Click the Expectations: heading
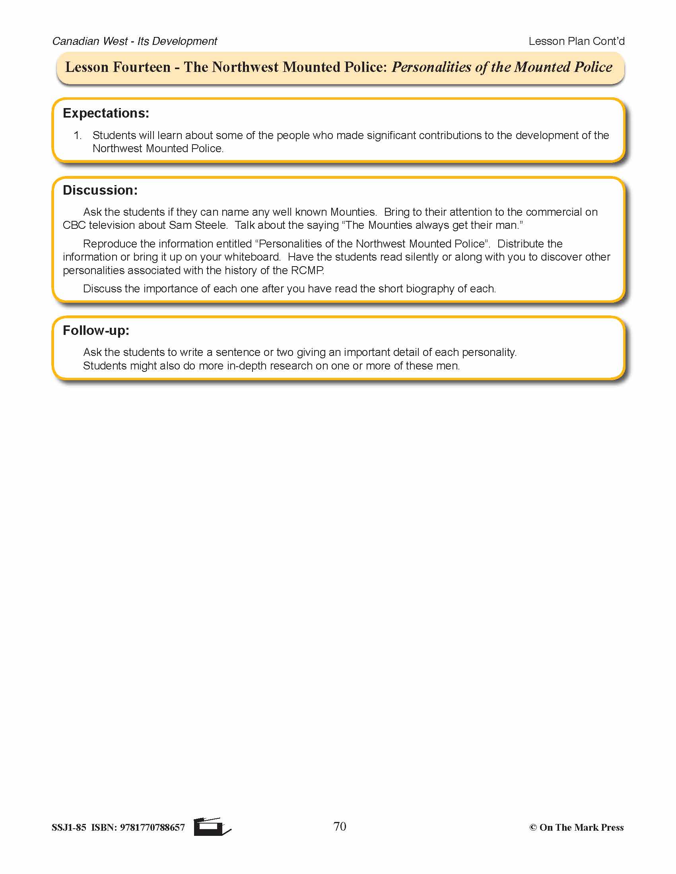[106, 113]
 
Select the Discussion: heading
[100, 190]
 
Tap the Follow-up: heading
[96, 331]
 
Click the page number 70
[340, 826]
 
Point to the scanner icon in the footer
[211, 827]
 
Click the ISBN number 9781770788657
[152, 827]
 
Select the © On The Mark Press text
[576, 827]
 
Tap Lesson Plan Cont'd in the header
[576, 41]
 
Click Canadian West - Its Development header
[134, 41]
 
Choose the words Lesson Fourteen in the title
[118, 67]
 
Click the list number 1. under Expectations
[78, 135]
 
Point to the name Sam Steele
[198, 225]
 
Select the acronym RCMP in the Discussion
[307, 271]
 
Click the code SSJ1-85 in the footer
[69, 827]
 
